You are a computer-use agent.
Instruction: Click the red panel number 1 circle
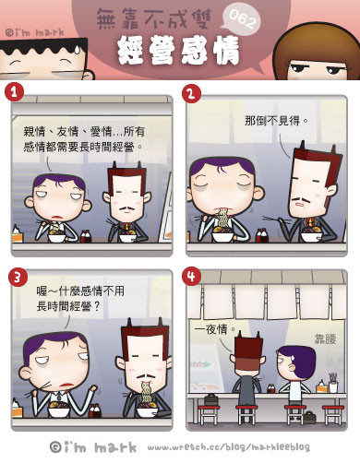[x=14, y=92]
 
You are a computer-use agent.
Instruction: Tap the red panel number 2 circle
[x=191, y=93]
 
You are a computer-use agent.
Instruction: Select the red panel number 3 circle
[x=18, y=277]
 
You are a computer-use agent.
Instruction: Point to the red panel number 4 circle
[x=191, y=276]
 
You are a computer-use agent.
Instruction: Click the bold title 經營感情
[x=178, y=50]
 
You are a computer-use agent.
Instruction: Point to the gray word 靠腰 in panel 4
[x=325, y=338]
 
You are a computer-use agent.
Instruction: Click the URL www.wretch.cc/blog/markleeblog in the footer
[x=228, y=446]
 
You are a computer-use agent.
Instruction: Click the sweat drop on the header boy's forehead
[x=77, y=49]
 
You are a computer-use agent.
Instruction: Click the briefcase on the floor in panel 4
[x=309, y=417]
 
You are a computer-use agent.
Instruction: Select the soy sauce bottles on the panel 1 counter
[x=85, y=236]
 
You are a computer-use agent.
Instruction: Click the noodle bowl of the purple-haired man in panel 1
[x=56, y=237]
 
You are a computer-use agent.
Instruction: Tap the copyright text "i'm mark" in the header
[x=35, y=32]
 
